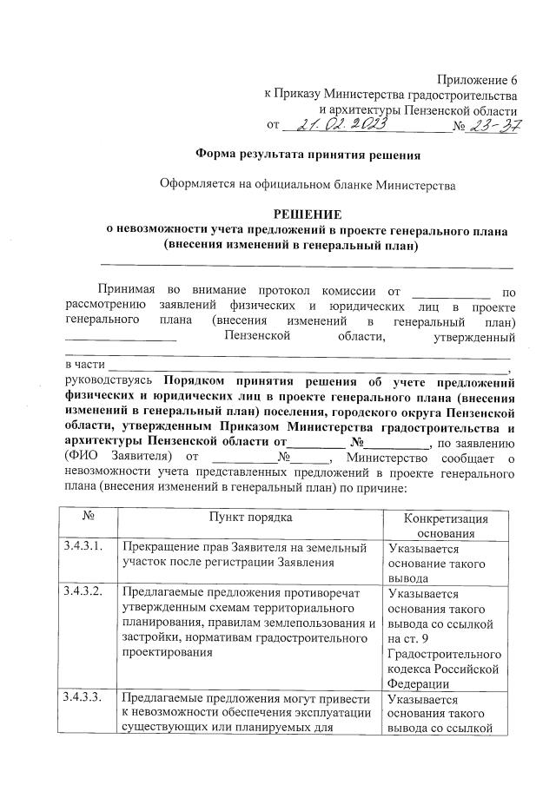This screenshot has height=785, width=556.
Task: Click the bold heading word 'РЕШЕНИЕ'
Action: (308, 214)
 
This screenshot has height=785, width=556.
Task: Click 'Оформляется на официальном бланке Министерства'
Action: (308, 185)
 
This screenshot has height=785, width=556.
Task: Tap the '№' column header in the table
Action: (87, 518)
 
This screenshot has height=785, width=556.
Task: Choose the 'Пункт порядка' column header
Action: (249, 518)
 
